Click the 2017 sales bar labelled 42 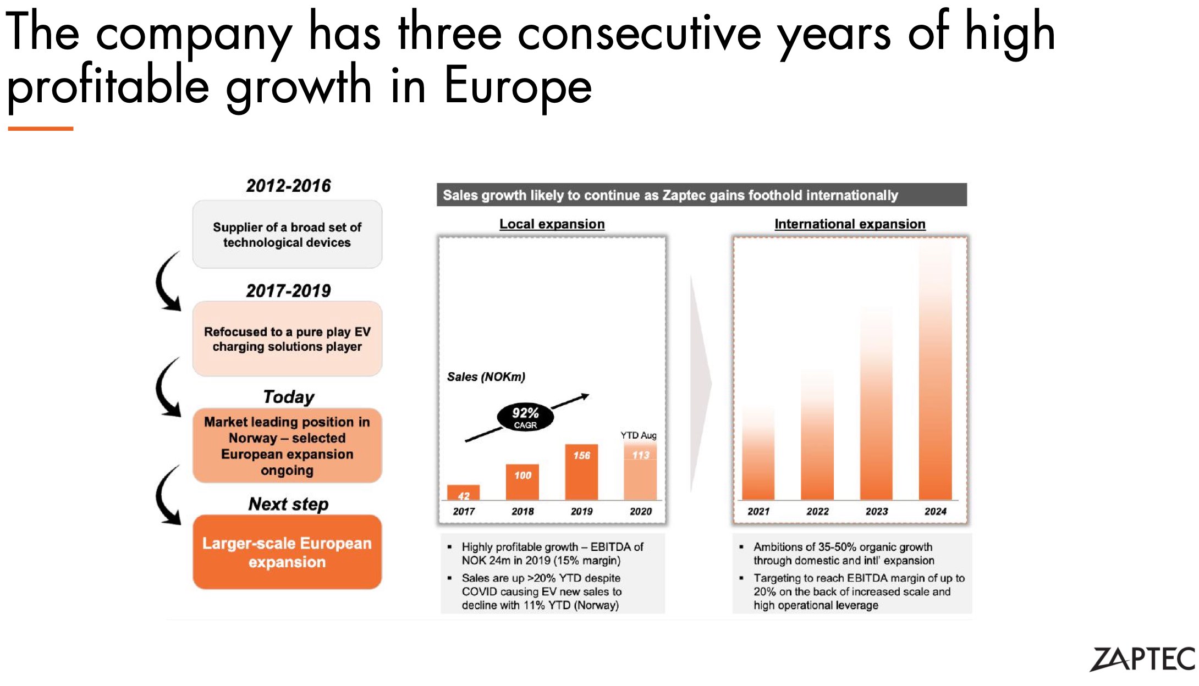click(x=463, y=493)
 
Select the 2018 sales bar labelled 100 click(x=522, y=482)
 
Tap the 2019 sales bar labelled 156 click(x=581, y=472)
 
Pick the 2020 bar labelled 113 click(x=640, y=471)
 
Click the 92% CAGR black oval click(x=525, y=417)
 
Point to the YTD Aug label click(x=639, y=435)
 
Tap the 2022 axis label click(x=817, y=511)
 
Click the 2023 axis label click(x=876, y=511)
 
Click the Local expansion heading click(x=552, y=224)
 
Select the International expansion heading click(x=850, y=224)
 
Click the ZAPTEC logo click(x=1142, y=659)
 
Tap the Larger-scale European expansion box click(x=287, y=552)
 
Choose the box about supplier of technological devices click(x=287, y=235)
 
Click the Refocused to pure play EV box click(x=287, y=339)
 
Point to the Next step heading click(x=288, y=504)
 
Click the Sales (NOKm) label click(x=486, y=377)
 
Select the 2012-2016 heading click(x=288, y=186)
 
